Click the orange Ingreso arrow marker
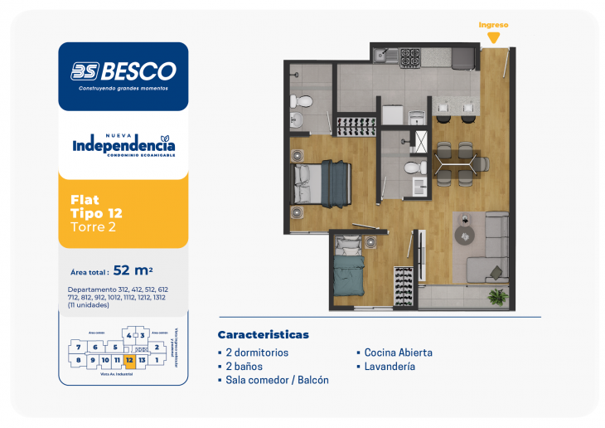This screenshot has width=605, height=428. coord(493,37)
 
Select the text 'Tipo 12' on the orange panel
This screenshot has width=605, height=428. coord(97,213)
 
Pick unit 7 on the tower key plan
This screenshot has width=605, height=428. coord(78,347)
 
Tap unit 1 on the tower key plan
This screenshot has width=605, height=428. coord(157,359)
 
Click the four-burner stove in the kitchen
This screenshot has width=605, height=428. coord(410,57)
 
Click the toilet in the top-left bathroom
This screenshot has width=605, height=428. coord(303,101)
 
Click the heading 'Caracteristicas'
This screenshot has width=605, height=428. coord(263,334)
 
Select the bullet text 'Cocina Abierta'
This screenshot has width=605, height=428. coord(397,353)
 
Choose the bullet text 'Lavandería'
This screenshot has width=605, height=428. coord(389,366)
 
